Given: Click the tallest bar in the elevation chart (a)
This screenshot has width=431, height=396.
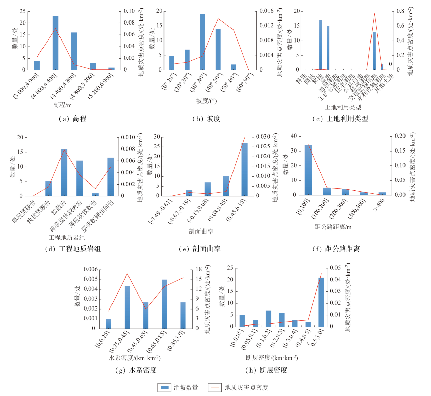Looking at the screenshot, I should pos(55,43).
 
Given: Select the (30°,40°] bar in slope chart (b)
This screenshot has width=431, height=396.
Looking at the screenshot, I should pos(203,42).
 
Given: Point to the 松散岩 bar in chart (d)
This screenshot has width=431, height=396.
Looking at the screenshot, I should pos(64,172).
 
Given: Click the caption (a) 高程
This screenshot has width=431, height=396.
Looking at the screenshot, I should pos(72,119).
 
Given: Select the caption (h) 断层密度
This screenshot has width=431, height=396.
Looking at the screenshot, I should pos(266,370).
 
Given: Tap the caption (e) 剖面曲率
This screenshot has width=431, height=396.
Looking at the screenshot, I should pos(200,249).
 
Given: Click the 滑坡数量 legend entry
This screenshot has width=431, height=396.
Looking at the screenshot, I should pos(178,387).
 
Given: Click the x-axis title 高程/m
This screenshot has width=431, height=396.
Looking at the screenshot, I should pos(62,105).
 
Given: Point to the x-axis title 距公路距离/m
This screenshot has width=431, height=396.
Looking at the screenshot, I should pos(333,227).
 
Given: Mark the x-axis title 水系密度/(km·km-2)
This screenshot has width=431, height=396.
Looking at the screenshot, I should pos(135,358).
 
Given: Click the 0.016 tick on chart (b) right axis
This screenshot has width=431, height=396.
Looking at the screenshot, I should pos(266,11).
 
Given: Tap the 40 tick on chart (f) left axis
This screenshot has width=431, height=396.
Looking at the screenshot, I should pos(294,136).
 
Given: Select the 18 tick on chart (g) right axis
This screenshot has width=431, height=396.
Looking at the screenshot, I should pos(199,269).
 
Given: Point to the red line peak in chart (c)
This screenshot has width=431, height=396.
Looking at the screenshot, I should pos(374,14).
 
